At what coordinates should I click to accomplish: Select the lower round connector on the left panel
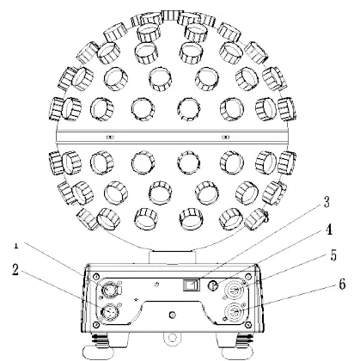coord(113,309)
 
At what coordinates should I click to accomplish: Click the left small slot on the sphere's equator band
coord(109,138)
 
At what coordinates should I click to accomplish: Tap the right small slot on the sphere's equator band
coord(225,138)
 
